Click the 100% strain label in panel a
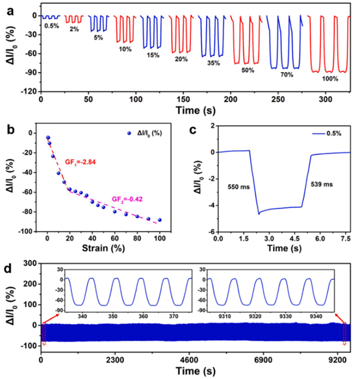click(x=330, y=79)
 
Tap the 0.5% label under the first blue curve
click(x=51, y=25)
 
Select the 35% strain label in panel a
click(x=214, y=63)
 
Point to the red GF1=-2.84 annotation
click(x=80, y=162)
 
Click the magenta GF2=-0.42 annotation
click(x=127, y=199)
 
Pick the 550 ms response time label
click(x=238, y=187)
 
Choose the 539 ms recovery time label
click(x=322, y=184)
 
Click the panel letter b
click(x=10, y=130)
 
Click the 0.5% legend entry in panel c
click(x=327, y=134)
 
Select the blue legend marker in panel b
click(x=129, y=133)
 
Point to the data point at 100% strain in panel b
click(x=160, y=220)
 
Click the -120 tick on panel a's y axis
click(x=31, y=92)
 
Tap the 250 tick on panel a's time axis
click(x=278, y=100)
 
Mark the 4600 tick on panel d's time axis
click(x=189, y=360)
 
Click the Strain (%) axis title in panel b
click(x=103, y=248)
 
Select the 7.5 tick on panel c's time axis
click(x=346, y=239)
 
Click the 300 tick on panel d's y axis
click(x=31, y=263)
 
